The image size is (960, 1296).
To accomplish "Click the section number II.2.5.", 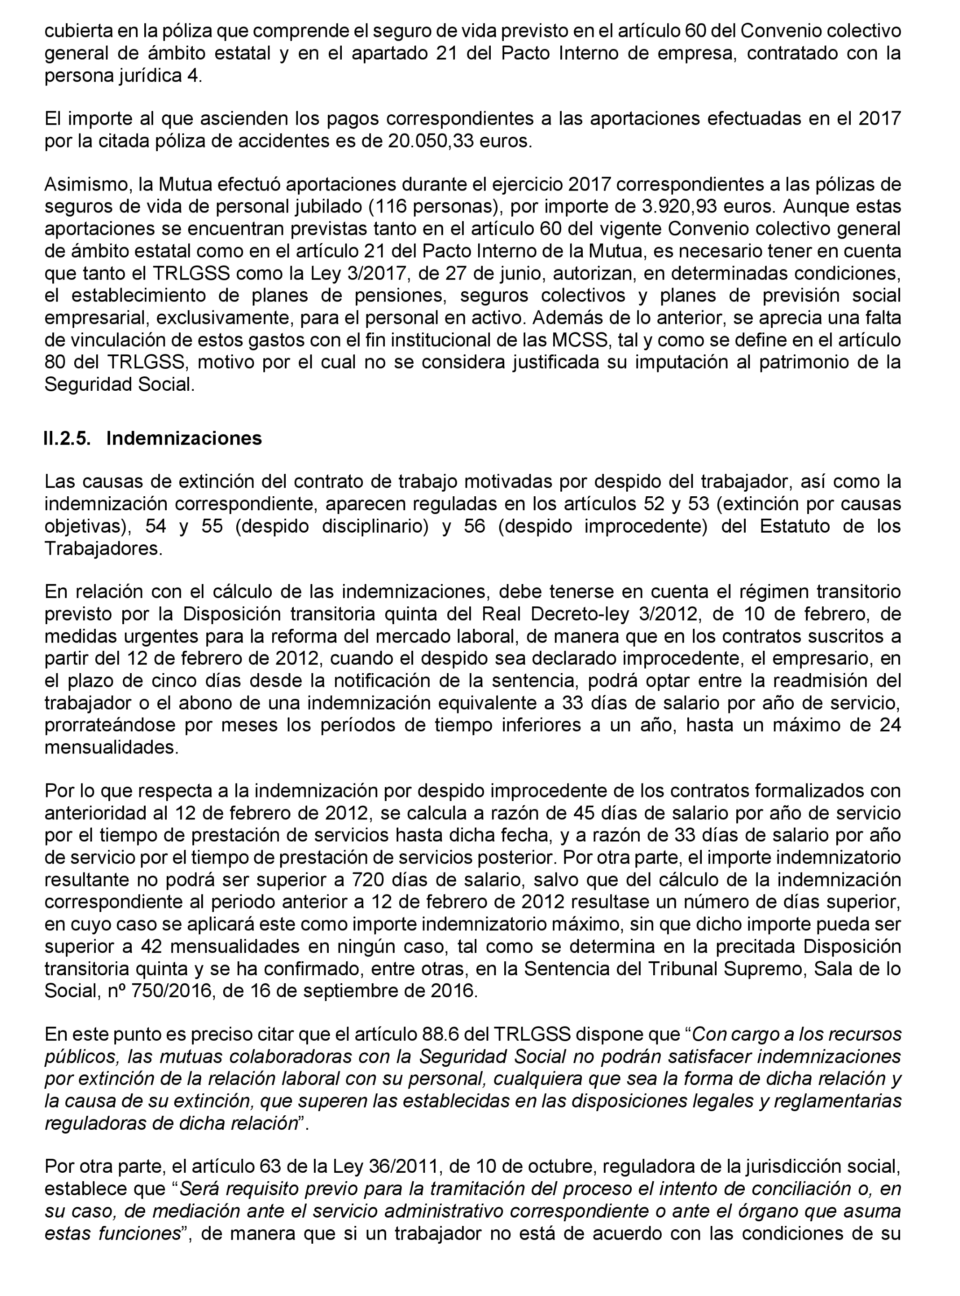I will tap(67, 438).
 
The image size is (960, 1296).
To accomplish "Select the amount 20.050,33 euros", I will tap(459, 141).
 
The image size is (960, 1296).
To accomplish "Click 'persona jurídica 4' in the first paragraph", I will tap(123, 76).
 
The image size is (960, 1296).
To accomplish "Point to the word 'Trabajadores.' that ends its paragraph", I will tap(104, 549).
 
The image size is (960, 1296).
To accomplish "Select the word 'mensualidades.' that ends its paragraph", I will tap(112, 747).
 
